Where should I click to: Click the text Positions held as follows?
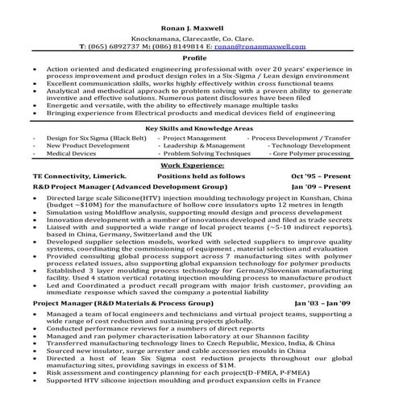click(201, 174)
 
